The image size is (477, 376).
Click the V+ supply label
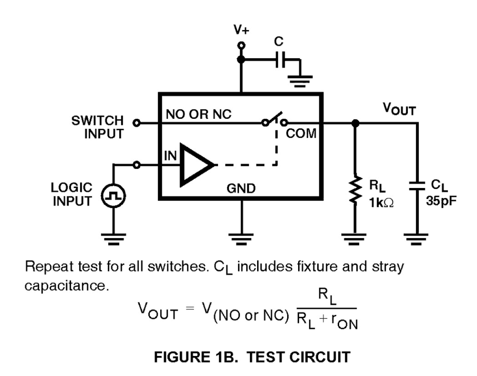pyautogui.click(x=241, y=30)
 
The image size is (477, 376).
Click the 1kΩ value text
pyautogui.click(x=381, y=203)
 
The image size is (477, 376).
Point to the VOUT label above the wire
pyautogui.click(x=399, y=109)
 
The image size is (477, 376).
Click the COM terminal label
pyautogui.click(x=301, y=134)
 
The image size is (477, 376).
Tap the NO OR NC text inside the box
pyautogui.click(x=199, y=114)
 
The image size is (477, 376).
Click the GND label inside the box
pyautogui.click(x=241, y=188)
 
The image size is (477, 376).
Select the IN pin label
pyautogui.click(x=170, y=155)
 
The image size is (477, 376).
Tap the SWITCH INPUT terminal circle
pyautogui.click(x=136, y=123)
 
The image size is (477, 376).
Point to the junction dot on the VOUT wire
pyautogui.click(x=355, y=123)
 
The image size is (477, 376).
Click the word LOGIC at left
pyautogui.click(x=71, y=187)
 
